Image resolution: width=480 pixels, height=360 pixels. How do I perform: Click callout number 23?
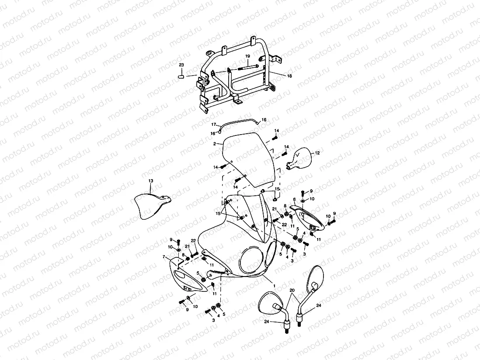(181, 65)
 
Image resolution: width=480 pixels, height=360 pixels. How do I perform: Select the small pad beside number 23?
(181, 76)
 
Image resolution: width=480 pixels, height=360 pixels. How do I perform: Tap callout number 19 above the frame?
(247, 56)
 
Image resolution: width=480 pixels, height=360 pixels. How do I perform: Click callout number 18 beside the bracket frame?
(289, 76)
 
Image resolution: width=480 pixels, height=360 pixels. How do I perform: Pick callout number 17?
(214, 125)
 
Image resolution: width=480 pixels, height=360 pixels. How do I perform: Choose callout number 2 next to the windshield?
(215, 143)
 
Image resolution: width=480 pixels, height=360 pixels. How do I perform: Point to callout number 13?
(150, 180)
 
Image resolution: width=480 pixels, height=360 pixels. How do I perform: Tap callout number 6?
(294, 199)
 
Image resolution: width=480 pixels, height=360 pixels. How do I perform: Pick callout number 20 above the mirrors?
(292, 290)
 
